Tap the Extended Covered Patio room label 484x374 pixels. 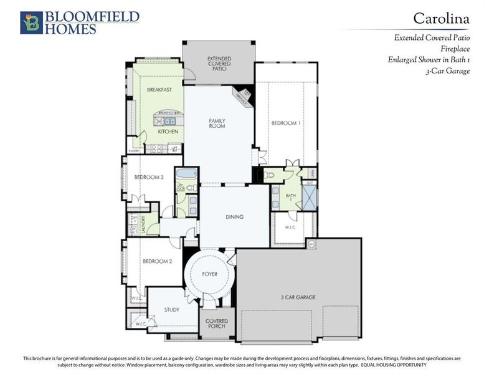219,63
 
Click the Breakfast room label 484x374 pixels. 159,90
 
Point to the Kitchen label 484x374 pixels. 168,132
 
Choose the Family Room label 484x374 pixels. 217,123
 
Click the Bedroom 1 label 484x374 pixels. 285,123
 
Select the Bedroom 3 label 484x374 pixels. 149,177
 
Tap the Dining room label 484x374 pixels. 234,217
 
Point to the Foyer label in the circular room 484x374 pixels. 210,274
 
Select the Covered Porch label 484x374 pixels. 217,324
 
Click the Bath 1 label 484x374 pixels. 291,198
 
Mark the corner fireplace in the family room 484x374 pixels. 242,97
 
